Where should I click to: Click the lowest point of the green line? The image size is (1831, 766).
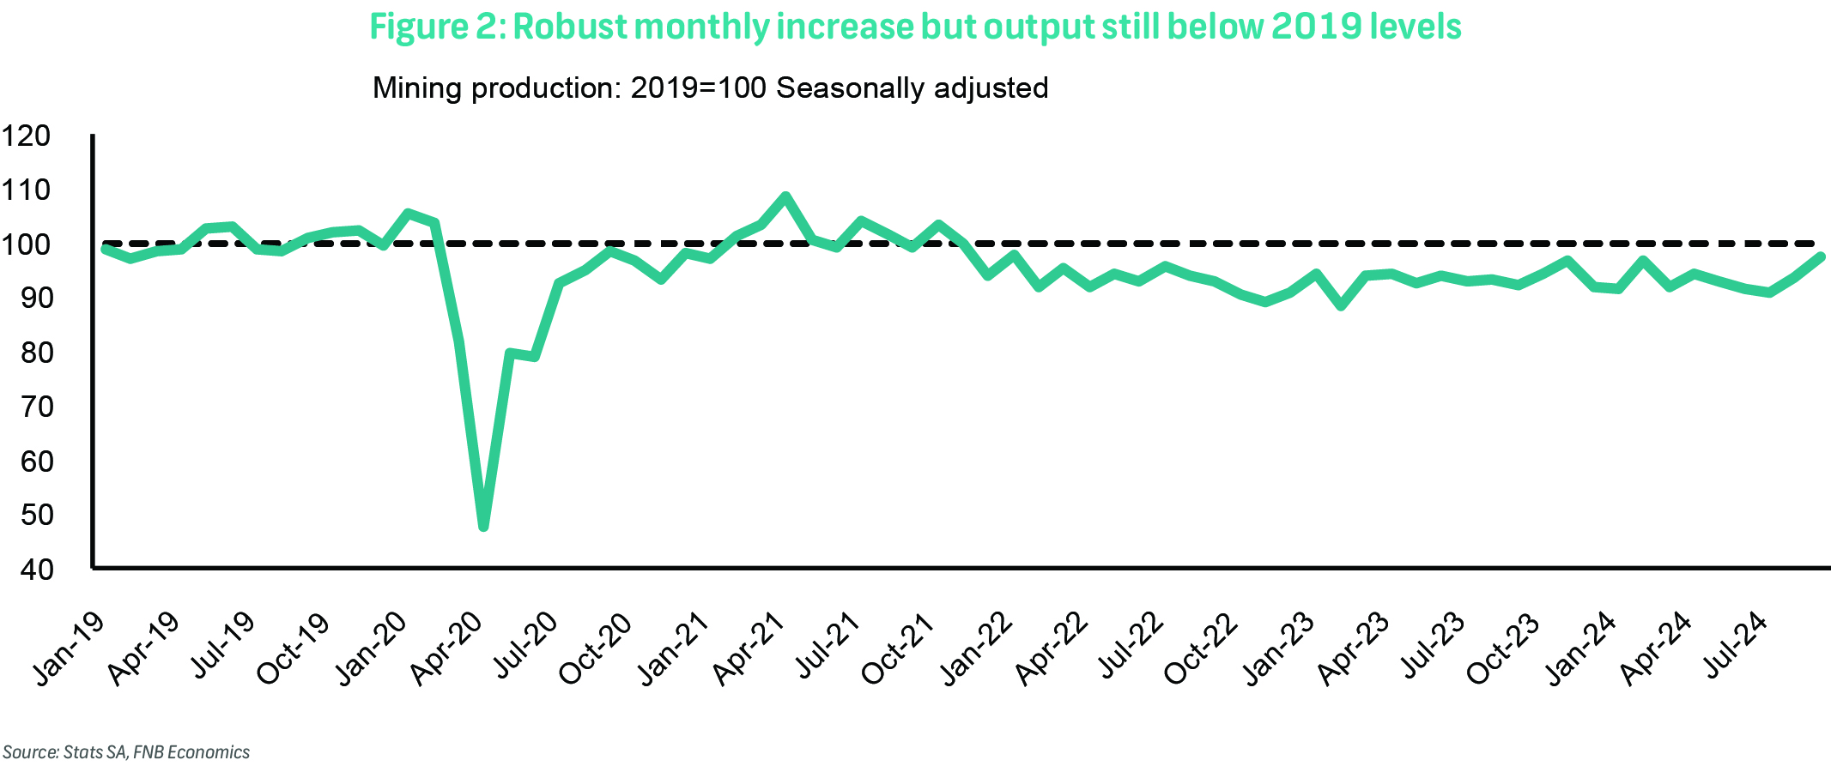coord(483,526)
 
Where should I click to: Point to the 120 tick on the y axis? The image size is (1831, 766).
coord(26,136)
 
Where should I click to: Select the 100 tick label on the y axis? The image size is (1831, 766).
coord(26,244)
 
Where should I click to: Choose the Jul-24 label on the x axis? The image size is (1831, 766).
coord(1736,644)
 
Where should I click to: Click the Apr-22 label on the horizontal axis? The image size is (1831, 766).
coord(1052,648)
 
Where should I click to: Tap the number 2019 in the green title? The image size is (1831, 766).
coord(1315,27)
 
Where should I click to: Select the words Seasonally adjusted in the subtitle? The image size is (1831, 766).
coord(912,88)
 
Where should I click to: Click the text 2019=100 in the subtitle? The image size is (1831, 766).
coord(698,88)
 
